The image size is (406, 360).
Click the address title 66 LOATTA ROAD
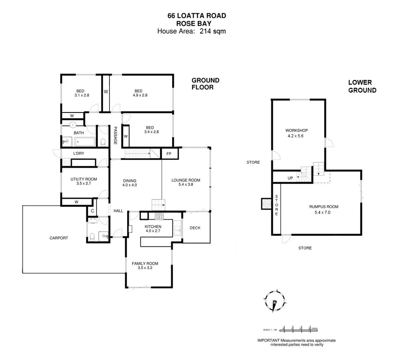tap(196, 16)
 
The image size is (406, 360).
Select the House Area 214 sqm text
tap(191, 31)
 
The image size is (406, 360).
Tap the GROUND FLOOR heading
tap(205, 84)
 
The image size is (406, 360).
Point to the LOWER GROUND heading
tap(362, 86)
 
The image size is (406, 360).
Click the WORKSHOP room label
tap(297, 130)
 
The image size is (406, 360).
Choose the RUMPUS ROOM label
tap(324, 207)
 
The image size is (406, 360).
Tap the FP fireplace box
tap(169, 153)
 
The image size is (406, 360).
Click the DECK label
tap(195, 228)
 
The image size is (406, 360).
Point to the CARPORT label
tap(59, 238)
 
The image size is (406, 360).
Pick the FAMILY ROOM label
tap(145, 264)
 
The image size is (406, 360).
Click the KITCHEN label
tap(153, 227)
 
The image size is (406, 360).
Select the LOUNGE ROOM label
tap(186, 180)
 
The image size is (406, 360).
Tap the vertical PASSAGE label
tap(115, 136)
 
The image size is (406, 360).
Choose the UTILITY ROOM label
tap(84, 179)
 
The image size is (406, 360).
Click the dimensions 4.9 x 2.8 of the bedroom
tap(140, 96)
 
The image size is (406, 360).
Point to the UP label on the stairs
tap(290, 178)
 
